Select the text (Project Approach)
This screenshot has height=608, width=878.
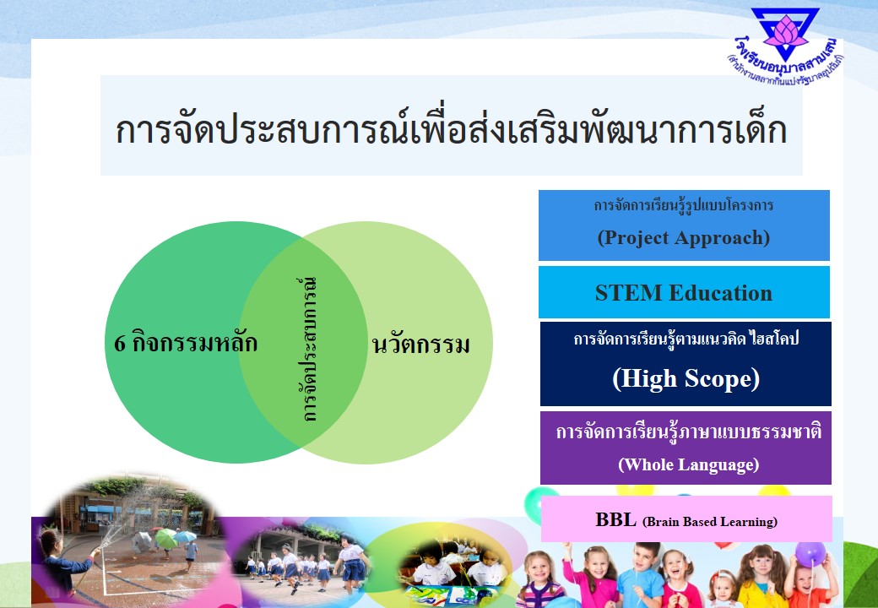pos(684,237)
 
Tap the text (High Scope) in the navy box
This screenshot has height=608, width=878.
pos(686,378)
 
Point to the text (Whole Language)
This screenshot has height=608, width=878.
pos(689,464)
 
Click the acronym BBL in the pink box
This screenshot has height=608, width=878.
pos(616,519)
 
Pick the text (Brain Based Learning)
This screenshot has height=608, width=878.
pos(710,522)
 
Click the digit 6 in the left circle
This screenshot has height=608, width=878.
pos(119,343)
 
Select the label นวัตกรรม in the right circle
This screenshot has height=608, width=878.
pos(421,345)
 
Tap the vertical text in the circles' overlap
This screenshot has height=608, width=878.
pos(308,349)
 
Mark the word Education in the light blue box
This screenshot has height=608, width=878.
pos(720,293)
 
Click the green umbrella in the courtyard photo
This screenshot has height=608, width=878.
pos(165,538)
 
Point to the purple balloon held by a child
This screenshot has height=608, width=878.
pos(810,554)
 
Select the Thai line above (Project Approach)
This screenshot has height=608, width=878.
pos(684,205)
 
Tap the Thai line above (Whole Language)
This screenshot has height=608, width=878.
pos(689,432)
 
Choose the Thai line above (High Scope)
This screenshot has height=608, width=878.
pos(686,339)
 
